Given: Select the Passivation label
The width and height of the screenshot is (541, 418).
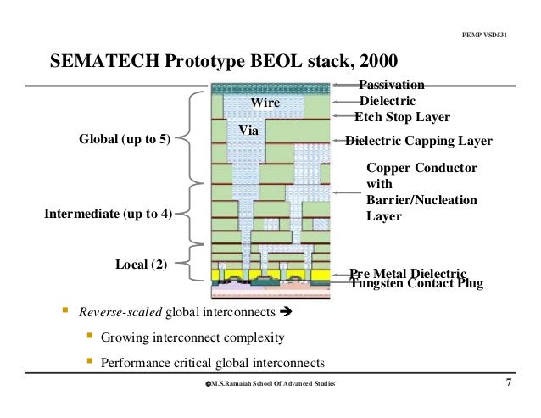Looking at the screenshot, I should click(392, 84).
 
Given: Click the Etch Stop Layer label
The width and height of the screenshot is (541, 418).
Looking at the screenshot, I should click(402, 117).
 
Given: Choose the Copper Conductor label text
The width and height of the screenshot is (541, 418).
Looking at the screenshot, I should click(421, 169).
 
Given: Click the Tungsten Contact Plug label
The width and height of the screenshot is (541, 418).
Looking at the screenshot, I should click(416, 284).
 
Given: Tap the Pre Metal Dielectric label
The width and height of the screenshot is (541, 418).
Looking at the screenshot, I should click(408, 273).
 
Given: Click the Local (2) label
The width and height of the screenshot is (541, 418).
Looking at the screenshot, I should click(141, 265).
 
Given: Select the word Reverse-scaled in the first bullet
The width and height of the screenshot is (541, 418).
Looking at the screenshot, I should click(120, 312).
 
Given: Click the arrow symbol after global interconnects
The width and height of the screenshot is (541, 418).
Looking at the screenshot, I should click(286, 312).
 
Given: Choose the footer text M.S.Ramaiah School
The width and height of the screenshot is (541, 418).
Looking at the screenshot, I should click(269, 385).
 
